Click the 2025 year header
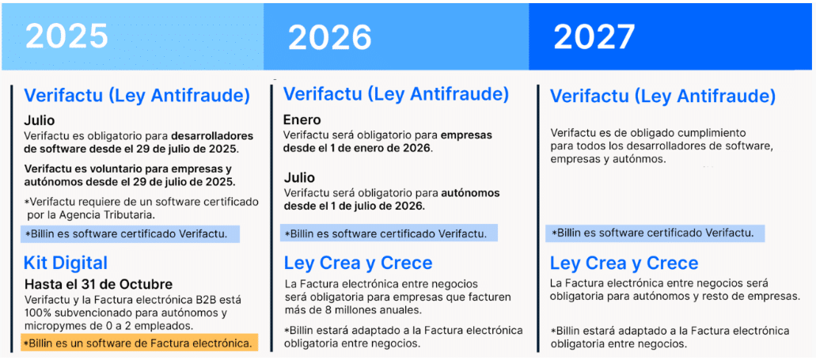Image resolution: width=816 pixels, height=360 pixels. (66, 36)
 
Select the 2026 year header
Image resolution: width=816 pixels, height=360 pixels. (330, 37)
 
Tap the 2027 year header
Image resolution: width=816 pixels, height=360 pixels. (594, 36)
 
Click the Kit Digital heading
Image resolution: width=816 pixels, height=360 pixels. (66, 263)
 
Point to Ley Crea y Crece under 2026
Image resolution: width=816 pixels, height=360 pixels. (358, 263)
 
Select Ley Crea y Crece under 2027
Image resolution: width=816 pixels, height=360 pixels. (624, 263)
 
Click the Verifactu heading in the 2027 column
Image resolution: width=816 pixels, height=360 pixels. (662, 97)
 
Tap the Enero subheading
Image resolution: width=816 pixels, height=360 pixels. (302, 121)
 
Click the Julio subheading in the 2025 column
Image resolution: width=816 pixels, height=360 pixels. (39, 121)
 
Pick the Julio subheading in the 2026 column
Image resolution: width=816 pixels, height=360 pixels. (299, 178)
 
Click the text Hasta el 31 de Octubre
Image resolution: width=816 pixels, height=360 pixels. (98, 285)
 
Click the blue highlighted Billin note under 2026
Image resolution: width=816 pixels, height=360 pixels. (389, 233)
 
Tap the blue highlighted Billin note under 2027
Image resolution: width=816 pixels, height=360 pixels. (655, 233)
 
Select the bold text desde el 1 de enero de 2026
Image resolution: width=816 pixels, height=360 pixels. (358, 148)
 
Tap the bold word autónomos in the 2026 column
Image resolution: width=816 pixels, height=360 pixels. (471, 193)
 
